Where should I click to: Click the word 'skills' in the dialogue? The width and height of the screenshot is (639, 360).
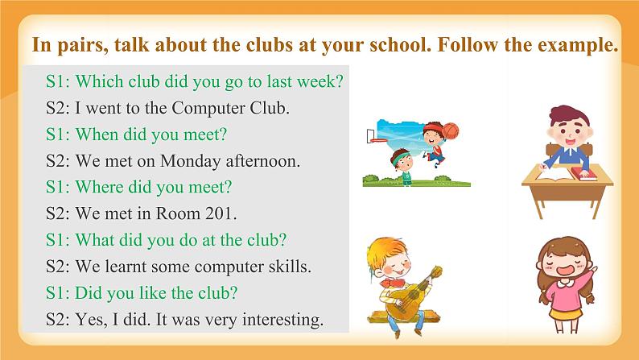click(286, 266)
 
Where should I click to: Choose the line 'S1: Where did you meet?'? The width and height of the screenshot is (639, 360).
click(139, 187)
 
